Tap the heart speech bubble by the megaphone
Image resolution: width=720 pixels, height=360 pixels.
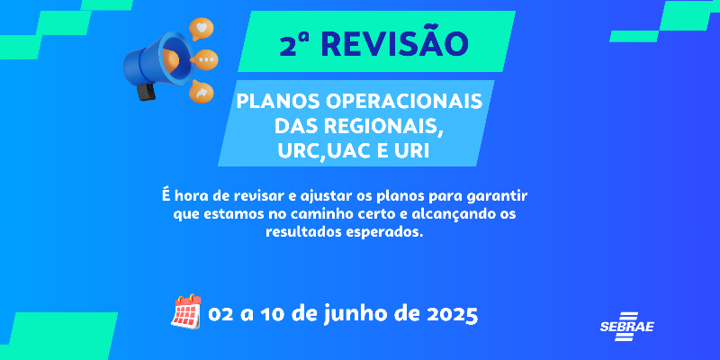[201, 29]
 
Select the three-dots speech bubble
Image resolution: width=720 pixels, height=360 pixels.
[205, 60]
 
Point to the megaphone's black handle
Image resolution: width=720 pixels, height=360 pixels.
[147, 92]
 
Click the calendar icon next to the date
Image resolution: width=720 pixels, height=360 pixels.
[186, 311]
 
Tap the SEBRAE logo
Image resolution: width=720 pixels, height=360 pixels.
[626, 327]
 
